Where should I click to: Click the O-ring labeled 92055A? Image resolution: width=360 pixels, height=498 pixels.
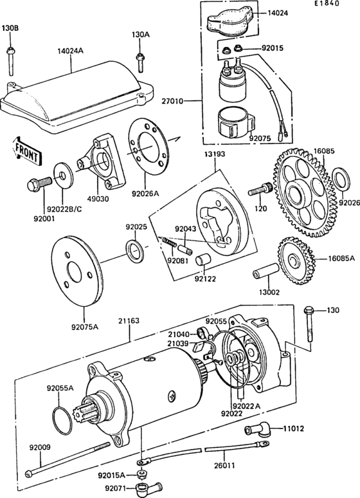(x=62, y=418)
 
